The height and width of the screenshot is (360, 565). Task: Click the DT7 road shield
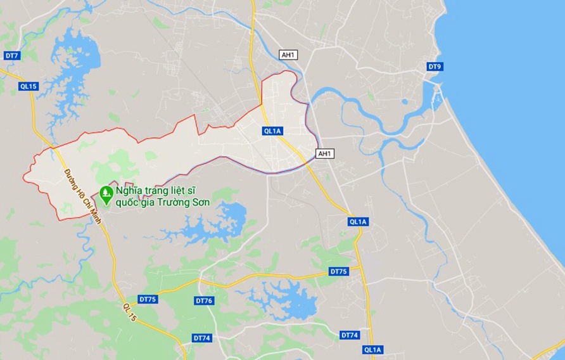pos(12,56)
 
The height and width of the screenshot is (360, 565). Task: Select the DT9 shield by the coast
pos(434,66)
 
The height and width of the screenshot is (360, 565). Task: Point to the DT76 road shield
pos(204,300)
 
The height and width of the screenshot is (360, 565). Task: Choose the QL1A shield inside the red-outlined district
pos(272,131)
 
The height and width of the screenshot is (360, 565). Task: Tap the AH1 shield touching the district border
pos(324,153)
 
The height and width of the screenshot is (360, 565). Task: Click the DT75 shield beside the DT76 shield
pos(148,299)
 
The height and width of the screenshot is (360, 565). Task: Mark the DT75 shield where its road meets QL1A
pos(339,271)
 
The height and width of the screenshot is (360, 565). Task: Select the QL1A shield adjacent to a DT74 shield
pos(372,349)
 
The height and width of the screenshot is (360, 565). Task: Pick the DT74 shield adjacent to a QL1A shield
pos(349,335)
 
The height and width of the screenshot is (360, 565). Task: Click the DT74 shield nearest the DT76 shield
pos(201,338)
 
